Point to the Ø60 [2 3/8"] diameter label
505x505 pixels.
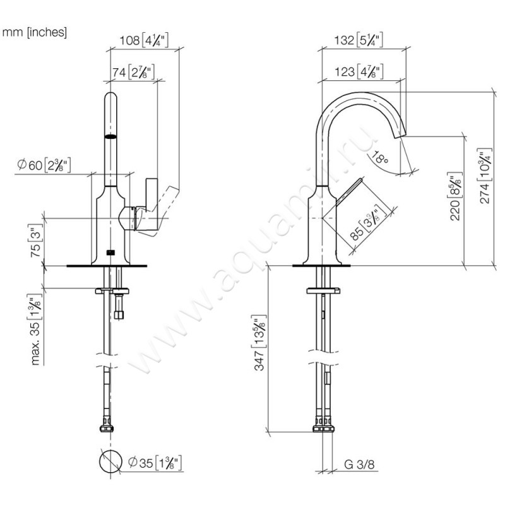pyautogui.click(x=44, y=165)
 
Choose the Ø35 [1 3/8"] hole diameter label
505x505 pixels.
pyautogui.click(x=155, y=464)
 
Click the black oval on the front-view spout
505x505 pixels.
pyautogui.click(x=110, y=136)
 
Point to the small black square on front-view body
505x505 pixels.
pyautogui.click(x=110, y=253)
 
